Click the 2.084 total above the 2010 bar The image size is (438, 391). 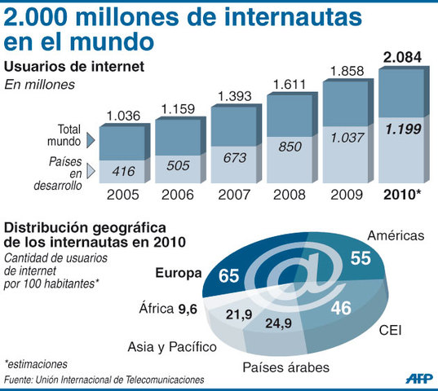click(402, 58)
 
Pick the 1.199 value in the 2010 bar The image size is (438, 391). click(402, 128)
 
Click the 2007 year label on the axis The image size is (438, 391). click(235, 196)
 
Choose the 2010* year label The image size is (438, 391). click(403, 196)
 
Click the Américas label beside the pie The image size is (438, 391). click(396, 236)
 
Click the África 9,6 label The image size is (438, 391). click(167, 309)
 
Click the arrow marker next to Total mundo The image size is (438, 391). click(90, 140)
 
